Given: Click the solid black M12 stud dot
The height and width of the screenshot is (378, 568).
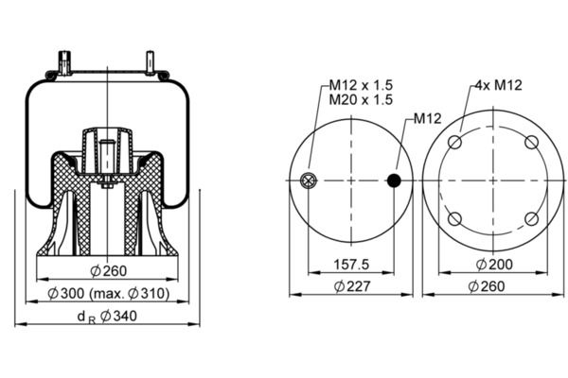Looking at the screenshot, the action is tap(394, 180).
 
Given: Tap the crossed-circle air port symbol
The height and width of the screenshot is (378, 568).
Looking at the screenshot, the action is tap(309, 180).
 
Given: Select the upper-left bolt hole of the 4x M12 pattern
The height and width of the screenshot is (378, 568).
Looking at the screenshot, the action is tap(454, 142).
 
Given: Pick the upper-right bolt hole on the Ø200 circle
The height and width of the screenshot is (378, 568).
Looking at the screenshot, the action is tap(531, 142).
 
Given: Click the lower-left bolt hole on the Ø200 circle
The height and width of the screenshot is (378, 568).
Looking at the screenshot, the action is tap(454, 219).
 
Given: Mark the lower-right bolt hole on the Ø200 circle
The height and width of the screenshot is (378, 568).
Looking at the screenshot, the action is tap(531, 219).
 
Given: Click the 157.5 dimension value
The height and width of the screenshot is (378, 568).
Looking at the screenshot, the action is tap(351, 265).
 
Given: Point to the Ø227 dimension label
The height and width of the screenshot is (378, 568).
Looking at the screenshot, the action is tap(352, 286).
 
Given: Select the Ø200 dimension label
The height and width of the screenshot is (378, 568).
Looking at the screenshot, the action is tap(494, 265).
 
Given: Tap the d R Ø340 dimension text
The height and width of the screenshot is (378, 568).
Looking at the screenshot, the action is tap(107, 317).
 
